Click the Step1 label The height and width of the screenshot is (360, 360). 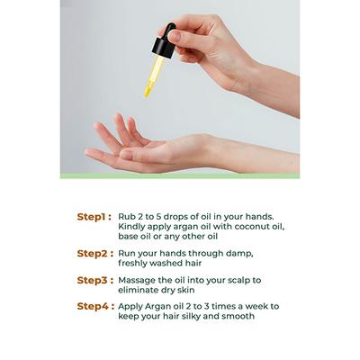pos(94,217)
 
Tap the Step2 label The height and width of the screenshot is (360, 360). pos(95,254)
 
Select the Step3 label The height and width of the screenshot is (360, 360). pos(95,280)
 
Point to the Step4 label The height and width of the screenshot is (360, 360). pos(95,306)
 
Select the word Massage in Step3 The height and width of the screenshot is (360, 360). pos(137,281)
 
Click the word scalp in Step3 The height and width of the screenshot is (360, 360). pos(238,281)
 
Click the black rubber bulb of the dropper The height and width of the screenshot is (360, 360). pos(171,30)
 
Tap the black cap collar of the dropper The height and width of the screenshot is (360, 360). pos(164,48)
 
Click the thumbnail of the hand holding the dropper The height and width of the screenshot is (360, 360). pos(175,37)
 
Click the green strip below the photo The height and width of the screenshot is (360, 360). pos(180,176)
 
